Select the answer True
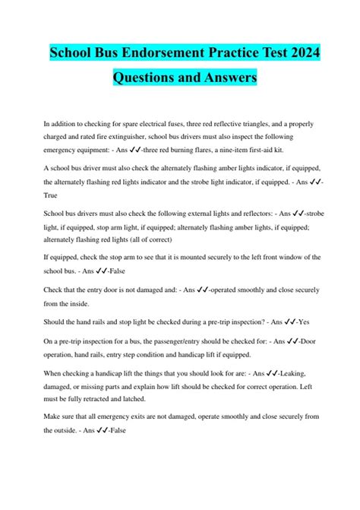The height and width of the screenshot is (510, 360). tap(52, 195)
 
